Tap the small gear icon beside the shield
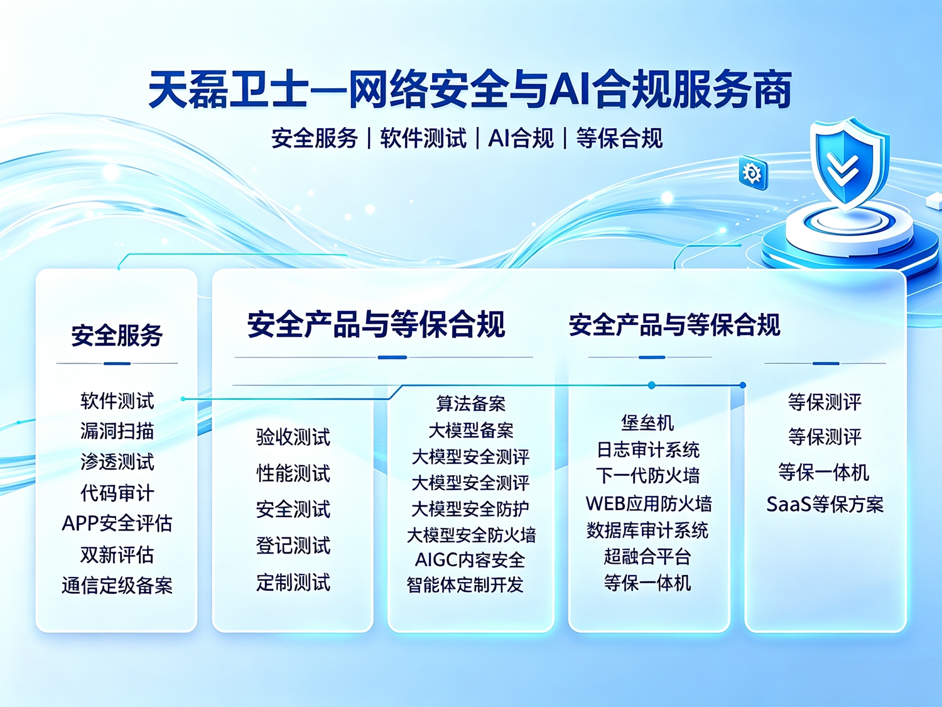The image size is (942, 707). click(753, 173)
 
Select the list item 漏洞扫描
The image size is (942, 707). click(117, 431)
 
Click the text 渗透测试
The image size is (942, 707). click(117, 462)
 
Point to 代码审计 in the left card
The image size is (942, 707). click(117, 493)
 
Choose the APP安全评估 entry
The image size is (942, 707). click(117, 523)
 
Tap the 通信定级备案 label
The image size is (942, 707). click(117, 585)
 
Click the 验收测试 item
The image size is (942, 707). click(293, 437)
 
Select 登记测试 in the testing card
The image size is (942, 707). click(293, 546)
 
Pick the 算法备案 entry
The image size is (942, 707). click(471, 403)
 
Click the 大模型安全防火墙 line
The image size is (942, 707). click(471, 535)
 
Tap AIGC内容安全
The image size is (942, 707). click(470, 560)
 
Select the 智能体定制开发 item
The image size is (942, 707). click(465, 584)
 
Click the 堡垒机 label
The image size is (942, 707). click(647, 422)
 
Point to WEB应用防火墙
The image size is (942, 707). click(649, 503)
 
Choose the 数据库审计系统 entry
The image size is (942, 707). click(647, 530)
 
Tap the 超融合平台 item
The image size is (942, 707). click(647, 557)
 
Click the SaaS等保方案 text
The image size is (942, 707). click(825, 505)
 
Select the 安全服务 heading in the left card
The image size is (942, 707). click(117, 335)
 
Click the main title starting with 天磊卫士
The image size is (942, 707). click(470, 90)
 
